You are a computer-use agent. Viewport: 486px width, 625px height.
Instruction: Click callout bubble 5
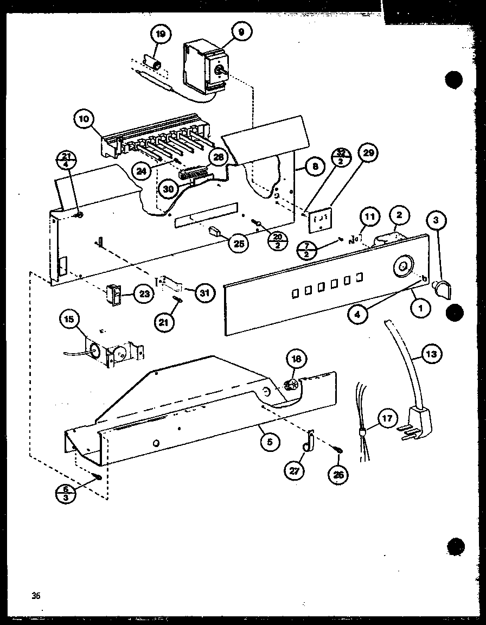270,442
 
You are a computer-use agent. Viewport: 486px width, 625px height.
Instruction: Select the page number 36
36,596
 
